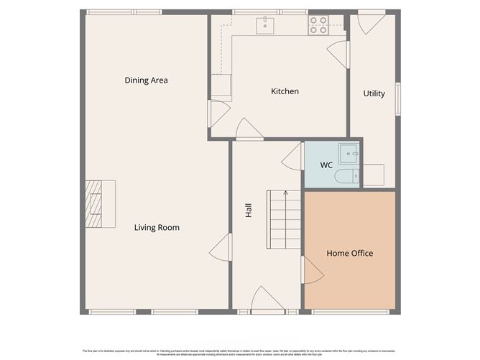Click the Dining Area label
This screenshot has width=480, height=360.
click(x=146, y=80)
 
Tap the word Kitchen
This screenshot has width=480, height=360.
click(x=285, y=91)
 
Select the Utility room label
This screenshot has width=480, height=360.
click(x=374, y=93)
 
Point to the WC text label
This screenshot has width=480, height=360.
click(x=326, y=165)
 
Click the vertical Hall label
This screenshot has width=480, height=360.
click(x=249, y=211)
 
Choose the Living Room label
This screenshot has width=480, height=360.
click(x=157, y=228)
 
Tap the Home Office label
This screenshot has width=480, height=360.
click(x=350, y=253)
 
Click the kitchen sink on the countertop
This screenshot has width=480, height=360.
click(x=267, y=24)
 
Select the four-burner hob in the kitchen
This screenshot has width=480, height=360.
click(x=318, y=25)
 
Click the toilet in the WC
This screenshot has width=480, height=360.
click(x=346, y=176)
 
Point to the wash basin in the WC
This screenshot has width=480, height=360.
click(x=350, y=152)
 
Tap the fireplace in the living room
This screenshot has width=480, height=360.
click(x=95, y=203)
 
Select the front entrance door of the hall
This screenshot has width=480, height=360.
click(x=267, y=300)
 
